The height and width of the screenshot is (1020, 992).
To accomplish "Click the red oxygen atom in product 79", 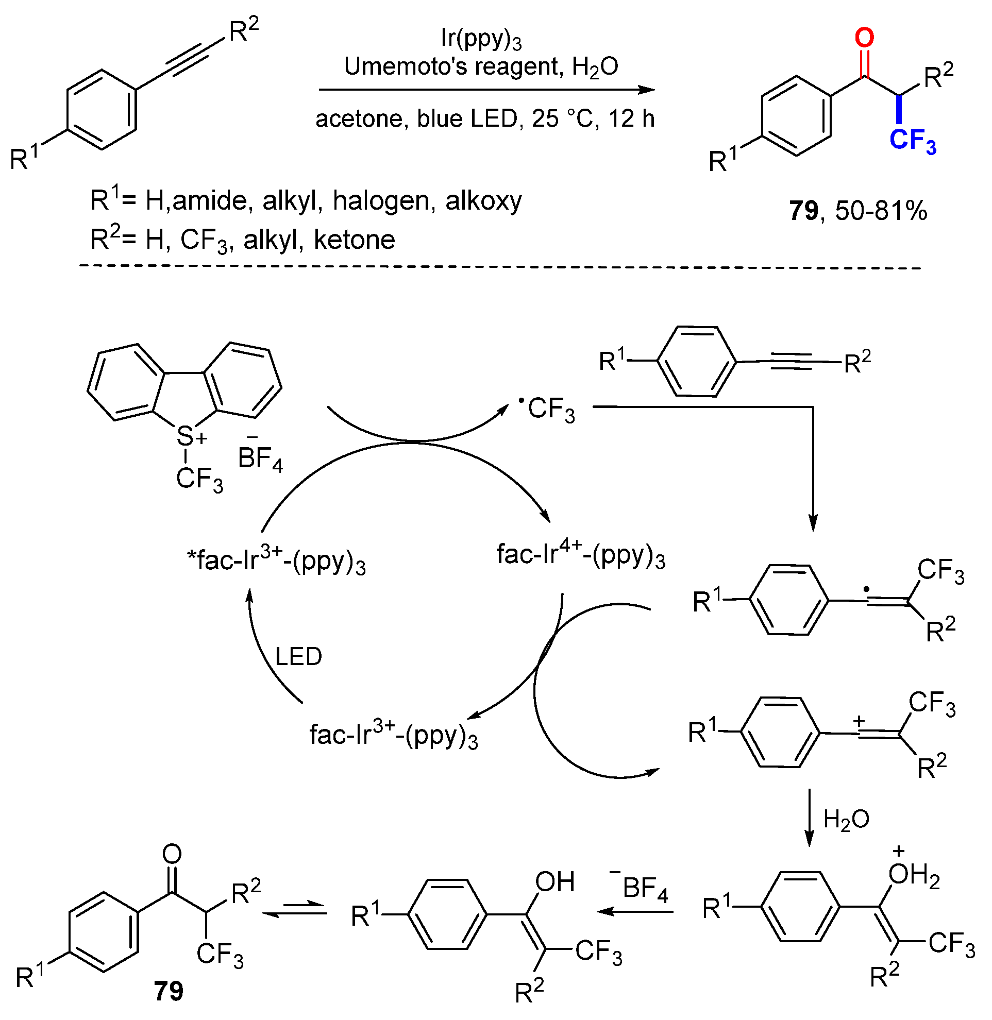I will point(864,38).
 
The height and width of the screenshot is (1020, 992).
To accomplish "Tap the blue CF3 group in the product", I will point(912,141).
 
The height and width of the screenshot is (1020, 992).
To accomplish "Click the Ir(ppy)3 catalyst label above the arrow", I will point(481,39).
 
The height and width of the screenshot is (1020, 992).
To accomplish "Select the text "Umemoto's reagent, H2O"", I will point(481,67).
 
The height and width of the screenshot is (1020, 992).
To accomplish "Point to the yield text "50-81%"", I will point(881,211).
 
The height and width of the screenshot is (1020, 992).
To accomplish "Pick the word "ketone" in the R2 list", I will point(355,240).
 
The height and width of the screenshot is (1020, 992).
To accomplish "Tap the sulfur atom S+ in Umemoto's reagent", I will point(186,436).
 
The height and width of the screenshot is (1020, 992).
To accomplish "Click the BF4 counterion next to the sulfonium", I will point(259,458).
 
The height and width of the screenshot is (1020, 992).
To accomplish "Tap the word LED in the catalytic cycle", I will point(298,657).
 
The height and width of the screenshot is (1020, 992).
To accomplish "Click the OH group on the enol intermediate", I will point(555,882).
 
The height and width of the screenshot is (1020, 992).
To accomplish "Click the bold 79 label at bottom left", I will point(169,991).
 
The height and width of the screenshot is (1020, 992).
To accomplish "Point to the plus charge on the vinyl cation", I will point(859,722).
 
